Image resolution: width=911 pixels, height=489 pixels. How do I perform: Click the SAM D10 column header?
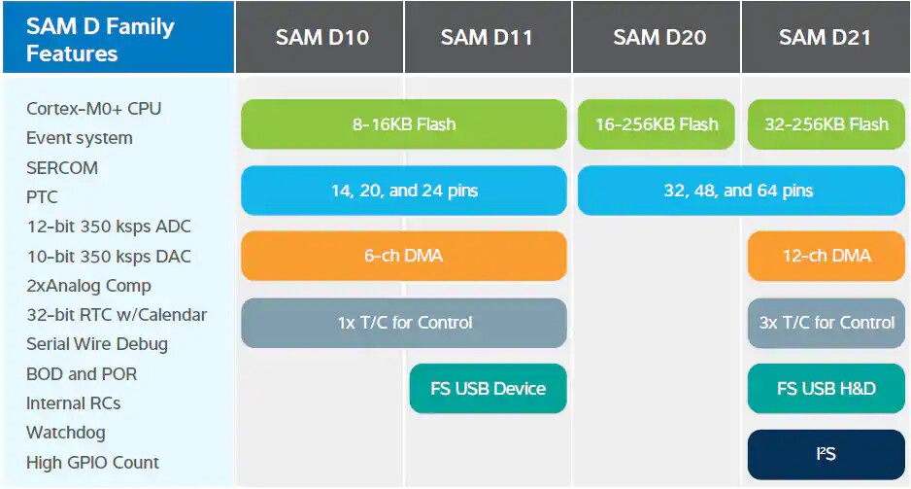(x=321, y=38)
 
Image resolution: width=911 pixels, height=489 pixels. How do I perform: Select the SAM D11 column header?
(x=487, y=38)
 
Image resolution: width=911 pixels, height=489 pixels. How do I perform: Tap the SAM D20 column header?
(x=658, y=38)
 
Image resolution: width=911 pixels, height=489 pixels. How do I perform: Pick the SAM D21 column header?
(x=825, y=38)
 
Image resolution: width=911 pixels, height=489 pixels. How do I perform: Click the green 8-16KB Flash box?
(x=403, y=123)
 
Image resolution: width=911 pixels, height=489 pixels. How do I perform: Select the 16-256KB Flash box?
(x=656, y=123)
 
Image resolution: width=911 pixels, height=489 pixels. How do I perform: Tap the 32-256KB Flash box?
(x=826, y=123)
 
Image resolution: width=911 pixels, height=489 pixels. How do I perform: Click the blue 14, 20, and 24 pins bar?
(x=403, y=191)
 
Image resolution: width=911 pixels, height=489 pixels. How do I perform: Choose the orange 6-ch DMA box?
(x=403, y=256)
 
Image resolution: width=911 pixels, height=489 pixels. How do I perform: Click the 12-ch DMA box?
(x=826, y=256)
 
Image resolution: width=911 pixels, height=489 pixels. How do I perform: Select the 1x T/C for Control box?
(x=403, y=322)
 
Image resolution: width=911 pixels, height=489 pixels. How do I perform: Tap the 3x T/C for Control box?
(x=826, y=322)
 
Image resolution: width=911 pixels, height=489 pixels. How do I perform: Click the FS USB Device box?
(x=488, y=388)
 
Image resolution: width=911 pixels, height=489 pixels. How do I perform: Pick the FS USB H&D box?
(x=826, y=388)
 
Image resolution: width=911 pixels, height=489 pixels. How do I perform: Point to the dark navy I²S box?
(x=826, y=454)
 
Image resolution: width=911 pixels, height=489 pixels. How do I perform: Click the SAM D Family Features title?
(x=100, y=39)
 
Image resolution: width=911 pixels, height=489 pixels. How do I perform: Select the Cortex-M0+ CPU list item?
(x=93, y=108)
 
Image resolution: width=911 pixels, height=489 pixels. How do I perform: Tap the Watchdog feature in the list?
(x=65, y=432)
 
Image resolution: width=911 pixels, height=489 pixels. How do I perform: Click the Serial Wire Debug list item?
(x=96, y=343)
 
